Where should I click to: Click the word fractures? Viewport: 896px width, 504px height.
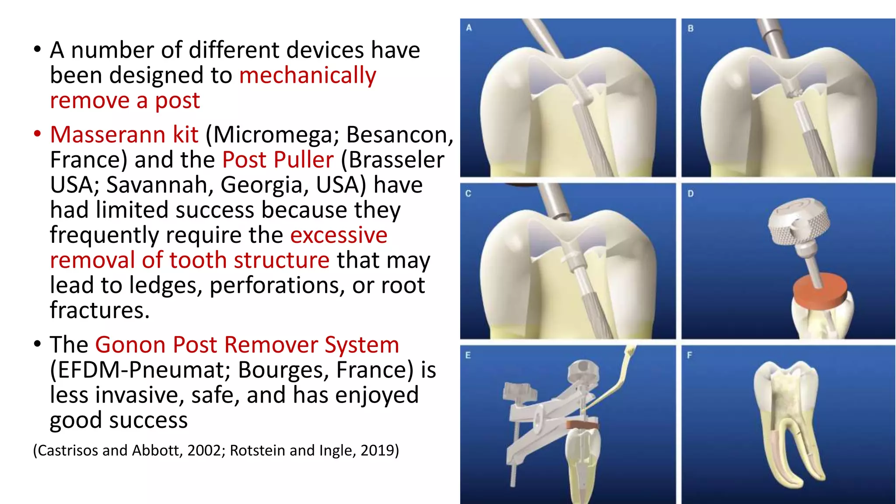[100, 311]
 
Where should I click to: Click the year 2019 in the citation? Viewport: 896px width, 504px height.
[377, 451]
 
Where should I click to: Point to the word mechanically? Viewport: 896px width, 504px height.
[308, 76]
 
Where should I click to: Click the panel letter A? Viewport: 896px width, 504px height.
[469, 28]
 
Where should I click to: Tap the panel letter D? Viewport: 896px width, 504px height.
[690, 193]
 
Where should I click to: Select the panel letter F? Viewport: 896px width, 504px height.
[689, 355]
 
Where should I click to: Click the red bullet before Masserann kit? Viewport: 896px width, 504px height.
[37, 134]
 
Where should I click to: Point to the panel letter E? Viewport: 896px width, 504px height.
[468, 355]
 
